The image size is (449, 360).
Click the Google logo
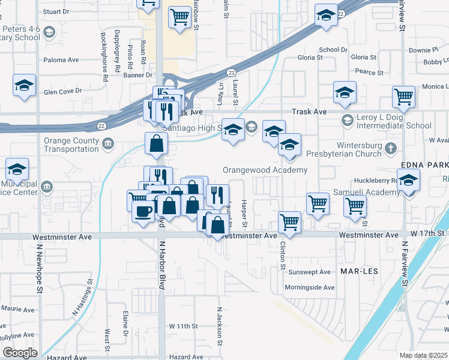[x=20, y=353]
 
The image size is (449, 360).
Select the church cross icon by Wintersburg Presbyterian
[x=391, y=147]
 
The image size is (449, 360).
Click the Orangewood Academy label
[x=265, y=170]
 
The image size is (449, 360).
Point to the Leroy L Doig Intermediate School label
[x=389, y=121]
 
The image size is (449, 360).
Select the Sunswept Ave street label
[x=310, y=272]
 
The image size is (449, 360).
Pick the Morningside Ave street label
[x=310, y=287]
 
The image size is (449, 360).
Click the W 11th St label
[x=183, y=326]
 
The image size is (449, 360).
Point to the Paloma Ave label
[x=61, y=60]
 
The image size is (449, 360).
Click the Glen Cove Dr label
[x=62, y=91]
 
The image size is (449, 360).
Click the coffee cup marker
[x=143, y=211]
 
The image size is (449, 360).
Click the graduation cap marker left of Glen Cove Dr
[x=24, y=85]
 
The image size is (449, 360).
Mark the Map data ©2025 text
[x=423, y=355]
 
